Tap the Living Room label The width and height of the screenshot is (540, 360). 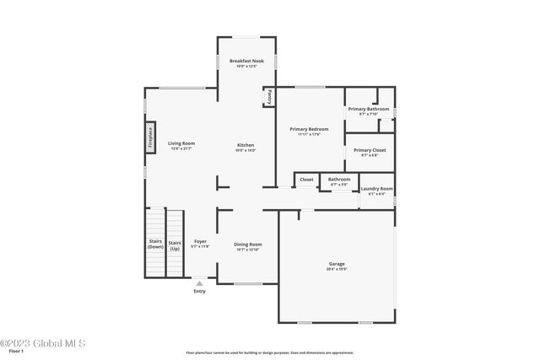point(181,144)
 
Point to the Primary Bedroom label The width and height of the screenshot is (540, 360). point(309,130)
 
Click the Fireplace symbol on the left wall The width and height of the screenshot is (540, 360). point(150,137)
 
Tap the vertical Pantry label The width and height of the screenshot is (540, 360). point(269,97)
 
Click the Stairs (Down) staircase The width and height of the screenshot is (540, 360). point(155,244)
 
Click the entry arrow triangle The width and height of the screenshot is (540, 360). point(200,284)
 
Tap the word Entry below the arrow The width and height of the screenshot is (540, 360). point(200,292)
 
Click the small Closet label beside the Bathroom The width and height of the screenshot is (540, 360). point(306,179)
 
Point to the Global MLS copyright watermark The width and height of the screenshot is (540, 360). point(42,343)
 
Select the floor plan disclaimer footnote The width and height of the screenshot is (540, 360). point(269,352)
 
